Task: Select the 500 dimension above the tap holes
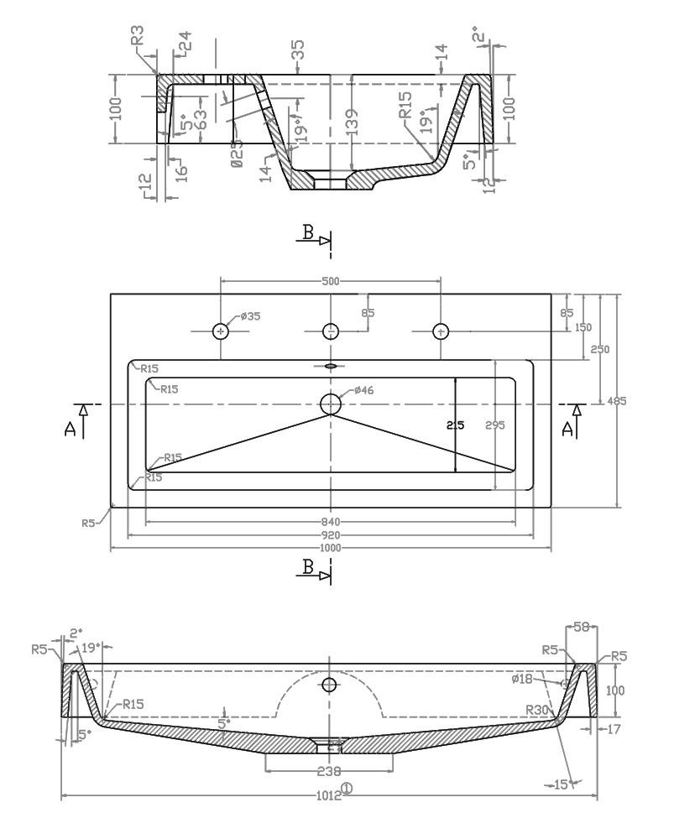pyautogui.click(x=330, y=282)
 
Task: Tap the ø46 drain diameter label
pyautogui.click(x=363, y=390)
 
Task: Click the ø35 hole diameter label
pyautogui.click(x=250, y=316)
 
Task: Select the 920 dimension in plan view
pyautogui.click(x=330, y=535)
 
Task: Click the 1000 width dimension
pyautogui.click(x=330, y=548)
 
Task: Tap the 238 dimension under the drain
pyautogui.click(x=329, y=771)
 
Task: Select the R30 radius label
pyautogui.click(x=537, y=710)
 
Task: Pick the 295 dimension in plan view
pyautogui.click(x=495, y=425)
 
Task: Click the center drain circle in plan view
pyautogui.click(x=331, y=404)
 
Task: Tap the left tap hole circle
pyautogui.click(x=221, y=331)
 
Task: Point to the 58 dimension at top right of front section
pyautogui.click(x=581, y=627)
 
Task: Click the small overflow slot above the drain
pyautogui.click(x=331, y=366)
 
